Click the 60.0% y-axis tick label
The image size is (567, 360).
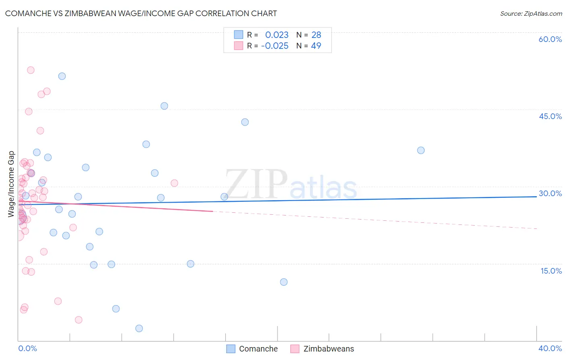550,39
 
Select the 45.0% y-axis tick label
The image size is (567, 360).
550,116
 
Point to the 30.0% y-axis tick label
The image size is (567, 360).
550,193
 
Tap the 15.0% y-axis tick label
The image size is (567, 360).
551,271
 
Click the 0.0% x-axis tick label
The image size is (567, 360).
27,348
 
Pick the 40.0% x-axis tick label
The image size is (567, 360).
550,348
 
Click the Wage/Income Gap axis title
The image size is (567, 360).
11,184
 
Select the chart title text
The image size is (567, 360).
141,13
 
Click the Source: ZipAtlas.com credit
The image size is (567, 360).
531,14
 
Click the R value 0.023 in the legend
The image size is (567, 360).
277,35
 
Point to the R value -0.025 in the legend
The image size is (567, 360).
275,46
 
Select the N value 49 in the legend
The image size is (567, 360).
316,46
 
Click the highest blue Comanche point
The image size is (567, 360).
62,76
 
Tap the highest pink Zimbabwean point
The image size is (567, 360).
31,70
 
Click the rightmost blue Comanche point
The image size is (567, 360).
421,151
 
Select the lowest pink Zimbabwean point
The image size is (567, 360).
79,320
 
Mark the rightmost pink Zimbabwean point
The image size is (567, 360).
174,183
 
